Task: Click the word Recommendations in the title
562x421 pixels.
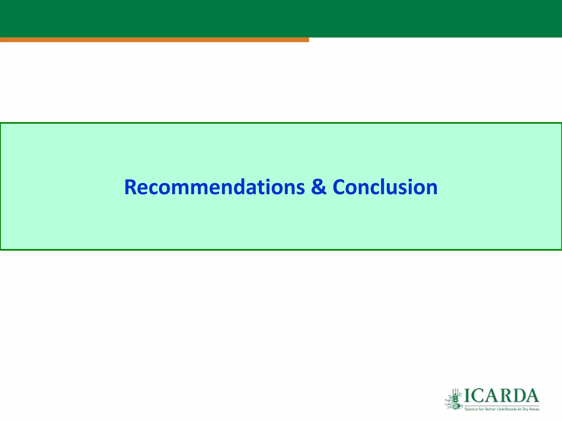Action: coord(214,187)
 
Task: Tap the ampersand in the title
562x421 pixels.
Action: coord(319,187)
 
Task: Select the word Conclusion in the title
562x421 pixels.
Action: coord(385,187)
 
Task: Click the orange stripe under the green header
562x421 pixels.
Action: coord(154,40)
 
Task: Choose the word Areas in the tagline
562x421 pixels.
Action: coord(534,409)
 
